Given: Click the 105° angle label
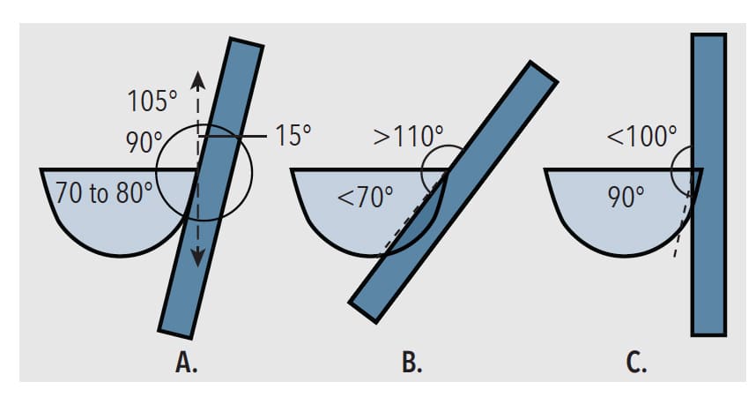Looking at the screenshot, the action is (152, 101).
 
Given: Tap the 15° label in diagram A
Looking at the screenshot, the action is (293, 135).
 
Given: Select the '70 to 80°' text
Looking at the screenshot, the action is (104, 192).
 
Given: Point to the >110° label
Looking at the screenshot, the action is (408, 136).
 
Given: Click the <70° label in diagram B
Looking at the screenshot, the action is (365, 197).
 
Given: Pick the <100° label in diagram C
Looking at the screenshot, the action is (641, 136).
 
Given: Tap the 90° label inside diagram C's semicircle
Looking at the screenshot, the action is (626, 197).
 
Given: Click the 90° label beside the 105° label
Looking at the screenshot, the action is (144, 142).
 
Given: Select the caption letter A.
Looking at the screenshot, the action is (186, 363).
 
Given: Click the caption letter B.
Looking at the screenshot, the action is (411, 363).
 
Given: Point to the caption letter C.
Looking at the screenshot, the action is (636, 363).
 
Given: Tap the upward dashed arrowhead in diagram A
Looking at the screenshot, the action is (197, 80).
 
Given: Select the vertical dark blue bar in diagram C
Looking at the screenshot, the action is (708, 184).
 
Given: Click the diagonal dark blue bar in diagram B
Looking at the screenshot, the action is (453, 191).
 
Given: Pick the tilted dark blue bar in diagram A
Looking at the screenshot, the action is (211, 189).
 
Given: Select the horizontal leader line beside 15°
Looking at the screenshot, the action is (233, 137).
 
